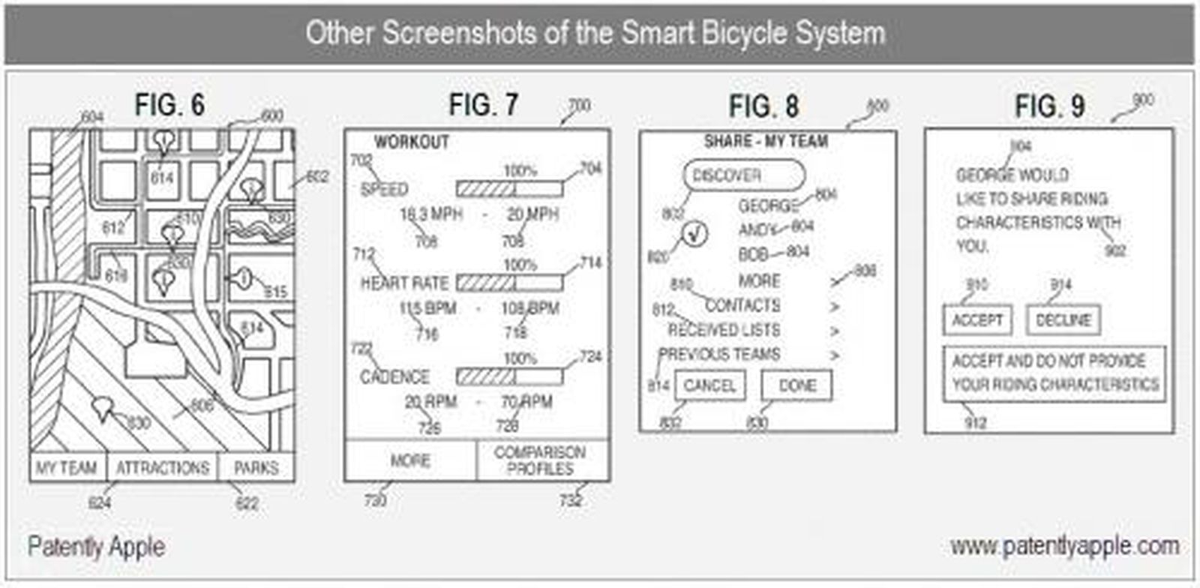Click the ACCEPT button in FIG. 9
tap(977, 320)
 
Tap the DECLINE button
tap(1063, 320)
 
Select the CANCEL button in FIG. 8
tap(709, 385)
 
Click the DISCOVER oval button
tap(743, 175)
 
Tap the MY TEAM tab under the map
tap(67, 468)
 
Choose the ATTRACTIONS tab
tap(162, 468)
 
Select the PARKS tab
tap(256, 468)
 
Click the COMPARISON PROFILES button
tap(541, 460)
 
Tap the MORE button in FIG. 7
tap(410, 460)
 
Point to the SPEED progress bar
tap(509, 188)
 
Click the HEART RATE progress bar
tap(509, 283)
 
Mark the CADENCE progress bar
tap(509, 376)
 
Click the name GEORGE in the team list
tap(767, 205)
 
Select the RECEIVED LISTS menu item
tap(724, 330)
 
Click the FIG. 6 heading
tap(169, 105)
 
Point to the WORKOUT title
tap(411, 142)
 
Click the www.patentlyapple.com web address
tap(1064, 546)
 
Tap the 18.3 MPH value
tap(430, 214)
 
